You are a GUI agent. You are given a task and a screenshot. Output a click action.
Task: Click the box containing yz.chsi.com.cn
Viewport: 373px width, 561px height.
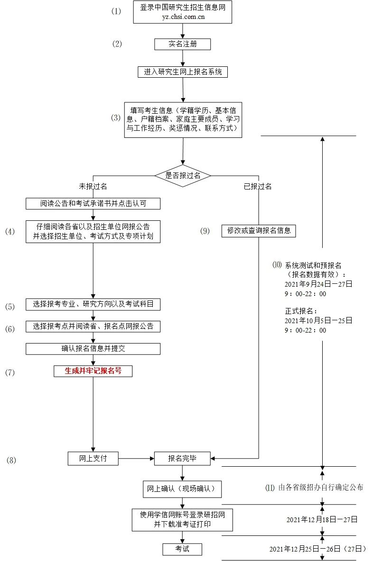click(x=183, y=12)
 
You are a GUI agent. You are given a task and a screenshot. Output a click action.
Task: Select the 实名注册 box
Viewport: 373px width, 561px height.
click(x=183, y=44)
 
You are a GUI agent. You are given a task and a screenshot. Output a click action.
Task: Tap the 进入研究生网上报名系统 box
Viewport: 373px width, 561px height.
click(x=183, y=72)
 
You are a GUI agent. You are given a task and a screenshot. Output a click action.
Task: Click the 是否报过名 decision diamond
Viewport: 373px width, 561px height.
click(x=183, y=175)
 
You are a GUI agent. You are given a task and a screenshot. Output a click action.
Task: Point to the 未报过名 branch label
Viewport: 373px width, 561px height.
click(x=93, y=186)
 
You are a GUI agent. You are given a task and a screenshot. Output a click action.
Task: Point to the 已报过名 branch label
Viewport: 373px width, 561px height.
click(x=258, y=186)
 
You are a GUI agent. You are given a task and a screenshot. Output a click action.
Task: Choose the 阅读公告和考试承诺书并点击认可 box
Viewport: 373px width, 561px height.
click(x=93, y=204)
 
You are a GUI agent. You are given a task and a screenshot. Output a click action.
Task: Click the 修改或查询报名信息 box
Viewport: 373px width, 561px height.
click(x=259, y=231)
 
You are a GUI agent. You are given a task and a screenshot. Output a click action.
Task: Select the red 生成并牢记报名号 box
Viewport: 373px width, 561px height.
click(x=93, y=371)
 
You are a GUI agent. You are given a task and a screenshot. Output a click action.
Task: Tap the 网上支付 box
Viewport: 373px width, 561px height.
click(x=93, y=458)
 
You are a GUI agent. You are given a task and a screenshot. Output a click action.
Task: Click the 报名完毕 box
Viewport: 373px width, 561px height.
click(x=183, y=458)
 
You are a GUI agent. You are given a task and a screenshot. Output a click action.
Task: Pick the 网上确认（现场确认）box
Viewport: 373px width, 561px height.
click(x=183, y=489)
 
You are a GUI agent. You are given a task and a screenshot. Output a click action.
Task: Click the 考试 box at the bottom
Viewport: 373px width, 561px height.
click(x=183, y=549)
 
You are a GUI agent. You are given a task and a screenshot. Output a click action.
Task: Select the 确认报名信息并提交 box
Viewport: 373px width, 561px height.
click(x=93, y=349)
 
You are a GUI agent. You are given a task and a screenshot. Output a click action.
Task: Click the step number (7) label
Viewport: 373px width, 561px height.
click(x=10, y=373)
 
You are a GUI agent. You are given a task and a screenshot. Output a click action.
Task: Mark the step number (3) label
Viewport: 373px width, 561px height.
click(x=116, y=118)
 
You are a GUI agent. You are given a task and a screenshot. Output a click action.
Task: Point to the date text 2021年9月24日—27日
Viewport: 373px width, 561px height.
click(x=318, y=284)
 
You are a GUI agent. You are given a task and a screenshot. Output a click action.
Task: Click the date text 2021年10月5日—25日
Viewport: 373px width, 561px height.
click(x=318, y=321)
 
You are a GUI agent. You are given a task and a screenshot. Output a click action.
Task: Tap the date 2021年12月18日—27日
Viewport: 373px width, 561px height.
click(x=322, y=520)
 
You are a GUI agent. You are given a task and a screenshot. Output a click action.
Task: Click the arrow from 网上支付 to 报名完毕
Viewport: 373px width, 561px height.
click(x=136, y=458)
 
